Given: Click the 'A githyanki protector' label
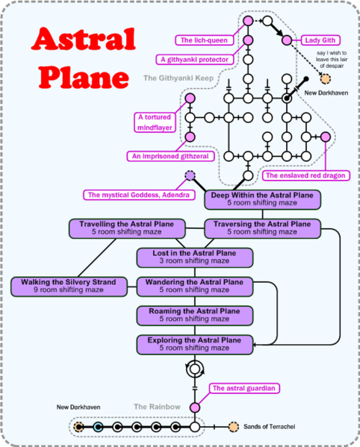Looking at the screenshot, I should [192, 59].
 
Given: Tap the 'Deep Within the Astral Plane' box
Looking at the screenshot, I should [263, 199].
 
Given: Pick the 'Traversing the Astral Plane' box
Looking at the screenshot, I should [263, 228].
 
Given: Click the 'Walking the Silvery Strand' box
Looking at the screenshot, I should [69, 287].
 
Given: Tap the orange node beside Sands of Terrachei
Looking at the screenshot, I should [233, 427].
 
